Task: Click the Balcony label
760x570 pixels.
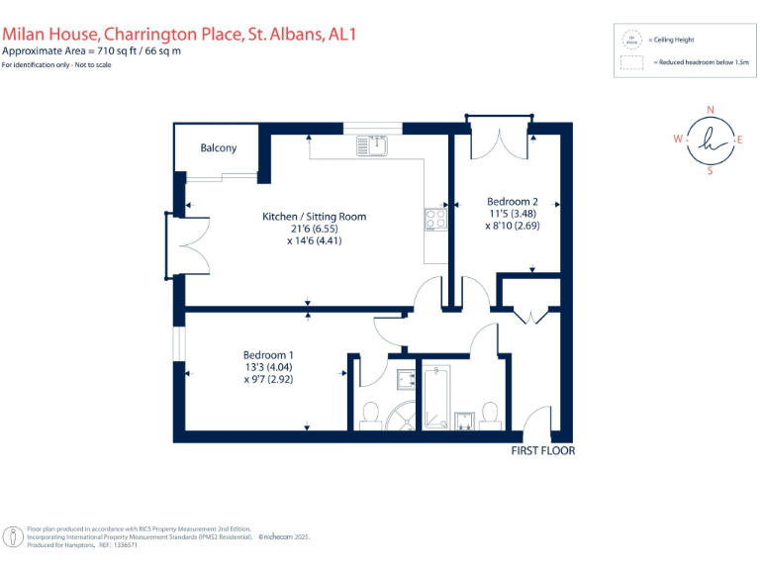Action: click(x=219, y=148)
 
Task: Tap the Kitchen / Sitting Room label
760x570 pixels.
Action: click(x=314, y=217)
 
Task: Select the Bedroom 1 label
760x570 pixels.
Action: click(x=268, y=355)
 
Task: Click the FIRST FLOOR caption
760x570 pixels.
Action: click(x=542, y=451)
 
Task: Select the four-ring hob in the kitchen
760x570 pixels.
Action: click(x=434, y=219)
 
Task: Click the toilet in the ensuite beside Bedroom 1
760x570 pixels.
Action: click(x=370, y=414)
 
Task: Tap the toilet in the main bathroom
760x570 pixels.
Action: click(x=488, y=413)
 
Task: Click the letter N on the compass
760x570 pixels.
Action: click(x=710, y=110)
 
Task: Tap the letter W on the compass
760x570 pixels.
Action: click(x=679, y=140)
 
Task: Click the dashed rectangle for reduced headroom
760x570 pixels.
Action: click(x=630, y=62)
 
